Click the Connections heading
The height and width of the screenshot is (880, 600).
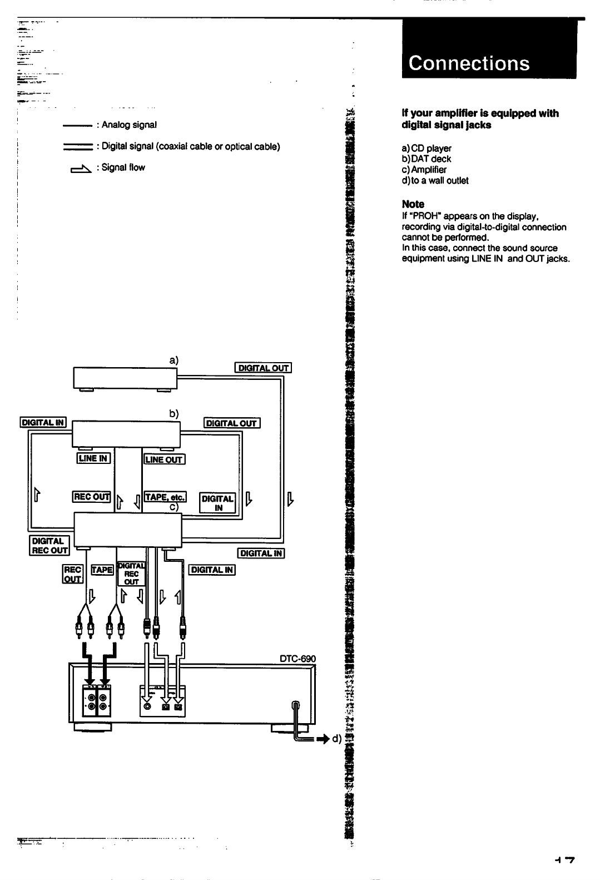[469, 63]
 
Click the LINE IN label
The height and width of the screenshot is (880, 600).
[93, 458]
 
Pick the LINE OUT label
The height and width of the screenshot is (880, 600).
[164, 459]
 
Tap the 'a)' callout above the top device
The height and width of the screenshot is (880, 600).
[174, 360]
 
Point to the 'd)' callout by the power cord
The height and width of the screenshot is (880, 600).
[336, 739]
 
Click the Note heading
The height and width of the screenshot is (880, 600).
[413, 204]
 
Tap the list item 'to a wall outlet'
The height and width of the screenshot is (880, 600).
[439, 181]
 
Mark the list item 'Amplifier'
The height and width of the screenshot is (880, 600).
[429, 170]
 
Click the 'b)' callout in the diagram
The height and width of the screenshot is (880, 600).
[174, 414]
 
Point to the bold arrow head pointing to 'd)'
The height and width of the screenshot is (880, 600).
[324, 739]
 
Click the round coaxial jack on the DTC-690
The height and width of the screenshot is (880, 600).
[147, 706]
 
